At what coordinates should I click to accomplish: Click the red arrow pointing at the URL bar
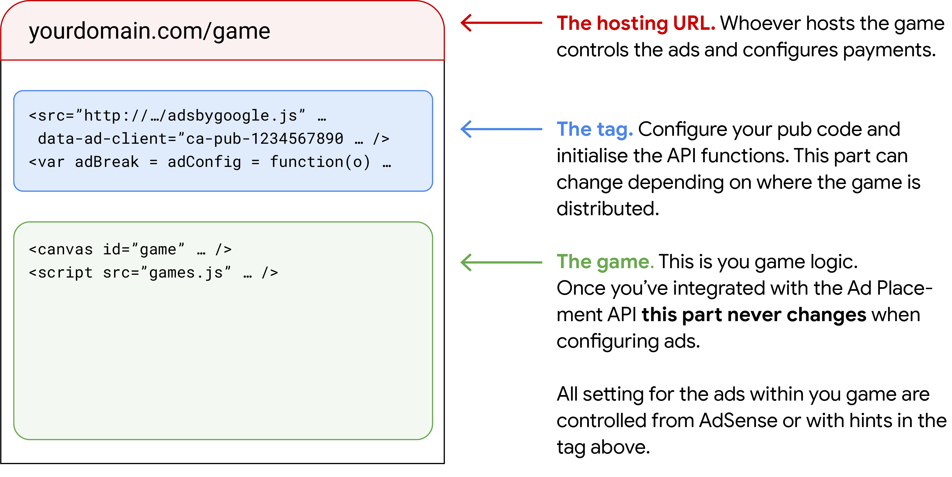point(501,23)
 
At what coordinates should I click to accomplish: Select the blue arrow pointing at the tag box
point(501,129)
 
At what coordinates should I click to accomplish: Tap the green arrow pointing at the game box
point(501,262)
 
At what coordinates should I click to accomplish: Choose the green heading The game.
point(605,262)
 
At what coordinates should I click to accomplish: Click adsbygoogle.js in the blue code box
point(232,116)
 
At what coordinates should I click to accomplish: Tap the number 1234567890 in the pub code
point(297,139)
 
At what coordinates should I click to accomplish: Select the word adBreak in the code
point(107,162)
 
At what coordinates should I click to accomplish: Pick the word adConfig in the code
point(204,162)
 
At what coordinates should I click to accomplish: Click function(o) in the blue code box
point(320,162)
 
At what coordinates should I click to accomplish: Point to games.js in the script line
point(186,273)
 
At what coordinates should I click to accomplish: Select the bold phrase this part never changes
point(754,315)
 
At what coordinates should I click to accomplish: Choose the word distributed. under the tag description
point(608,209)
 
